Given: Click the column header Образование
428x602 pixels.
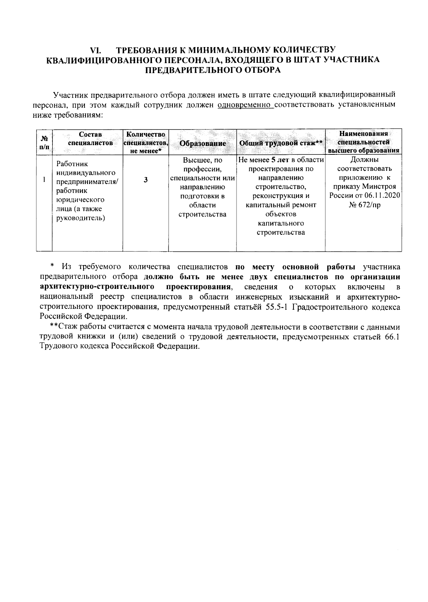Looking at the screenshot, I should pos(203,143).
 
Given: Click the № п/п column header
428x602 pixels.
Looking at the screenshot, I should pos(45,142).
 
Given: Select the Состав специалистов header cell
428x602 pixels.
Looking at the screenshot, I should pos(90,139).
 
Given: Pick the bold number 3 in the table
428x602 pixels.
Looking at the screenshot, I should pos(146,180).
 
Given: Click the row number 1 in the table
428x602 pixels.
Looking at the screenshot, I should pos(44,180).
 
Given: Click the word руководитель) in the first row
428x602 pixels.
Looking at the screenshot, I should pos(81,218).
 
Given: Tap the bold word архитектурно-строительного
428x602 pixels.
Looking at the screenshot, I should pos(97,287).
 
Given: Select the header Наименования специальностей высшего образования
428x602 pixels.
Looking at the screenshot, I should pos(363,142).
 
